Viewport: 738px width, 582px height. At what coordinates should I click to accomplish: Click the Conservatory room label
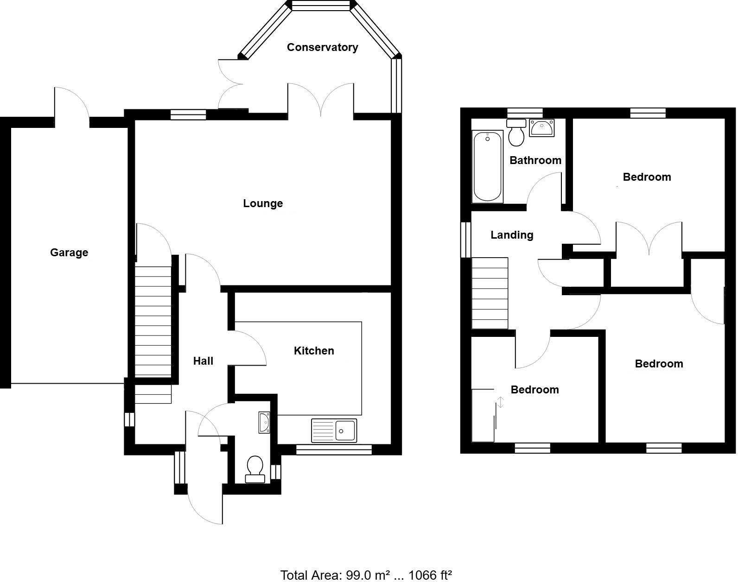pyautogui.click(x=322, y=47)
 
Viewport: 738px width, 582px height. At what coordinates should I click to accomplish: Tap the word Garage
pyautogui.click(x=69, y=253)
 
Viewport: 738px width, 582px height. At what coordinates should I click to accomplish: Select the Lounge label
pyautogui.click(x=263, y=203)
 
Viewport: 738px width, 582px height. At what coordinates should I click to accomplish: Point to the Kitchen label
pyautogui.click(x=314, y=351)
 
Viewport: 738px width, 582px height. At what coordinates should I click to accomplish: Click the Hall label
pyautogui.click(x=203, y=361)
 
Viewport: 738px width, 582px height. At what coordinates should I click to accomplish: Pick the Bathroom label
pyautogui.click(x=535, y=160)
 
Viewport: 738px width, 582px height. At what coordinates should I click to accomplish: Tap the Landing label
pyautogui.click(x=512, y=235)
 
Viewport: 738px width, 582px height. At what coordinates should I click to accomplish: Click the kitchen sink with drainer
pyautogui.click(x=334, y=430)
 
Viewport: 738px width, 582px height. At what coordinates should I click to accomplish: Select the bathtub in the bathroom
pyautogui.click(x=487, y=166)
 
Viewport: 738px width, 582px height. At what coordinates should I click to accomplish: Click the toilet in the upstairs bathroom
pyautogui.click(x=516, y=133)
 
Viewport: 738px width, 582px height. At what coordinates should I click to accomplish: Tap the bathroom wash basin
pyautogui.click(x=541, y=127)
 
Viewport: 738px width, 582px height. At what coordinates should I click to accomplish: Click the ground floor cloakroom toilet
pyautogui.click(x=255, y=468)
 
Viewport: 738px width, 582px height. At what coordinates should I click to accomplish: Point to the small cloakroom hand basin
pyautogui.click(x=264, y=422)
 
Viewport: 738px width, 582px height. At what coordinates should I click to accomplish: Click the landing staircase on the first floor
pyautogui.click(x=490, y=293)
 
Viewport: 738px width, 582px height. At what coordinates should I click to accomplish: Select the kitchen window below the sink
pyautogui.click(x=334, y=448)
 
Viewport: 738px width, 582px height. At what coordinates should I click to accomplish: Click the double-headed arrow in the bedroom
pyautogui.click(x=500, y=402)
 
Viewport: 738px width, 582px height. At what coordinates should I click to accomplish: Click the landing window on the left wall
pyautogui.click(x=465, y=240)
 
